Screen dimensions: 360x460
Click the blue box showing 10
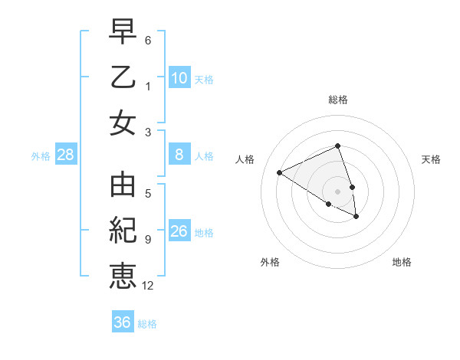pyautogui.click(x=179, y=78)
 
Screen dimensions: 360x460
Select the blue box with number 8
pyautogui.click(x=179, y=155)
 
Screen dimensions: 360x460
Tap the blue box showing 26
pyautogui.click(x=179, y=231)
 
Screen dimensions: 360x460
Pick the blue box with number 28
pyautogui.click(x=66, y=155)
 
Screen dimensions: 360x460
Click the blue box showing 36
pyautogui.click(x=123, y=322)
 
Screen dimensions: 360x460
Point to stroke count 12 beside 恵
pyautogui.click(x=148, y=286)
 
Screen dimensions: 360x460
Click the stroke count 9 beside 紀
pyautogui.click(x=147, y=240)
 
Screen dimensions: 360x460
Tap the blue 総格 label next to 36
pyautogui.click(x=148, y=324)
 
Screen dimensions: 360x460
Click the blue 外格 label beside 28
pyautogui.click(x=41, y=156)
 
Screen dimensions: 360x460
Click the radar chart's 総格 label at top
pyautogui.click(x=338, y=100)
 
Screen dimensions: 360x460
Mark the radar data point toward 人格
pyautogui.click(x=280, y=172)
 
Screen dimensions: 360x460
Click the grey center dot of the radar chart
pyautogui.click(x=338, y=191)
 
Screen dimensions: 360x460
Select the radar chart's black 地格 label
pyautogui.click(x=402, y=262)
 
